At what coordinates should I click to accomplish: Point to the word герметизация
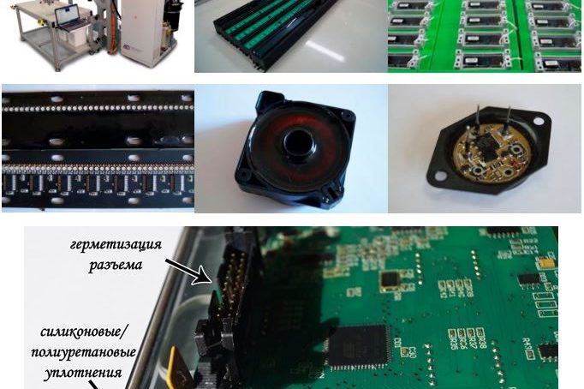(116, 246)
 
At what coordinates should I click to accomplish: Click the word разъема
(116, 265)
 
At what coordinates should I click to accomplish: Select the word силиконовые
(83, 332)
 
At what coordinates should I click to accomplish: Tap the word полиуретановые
(83, 352)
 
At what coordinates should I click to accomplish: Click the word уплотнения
(83, 373)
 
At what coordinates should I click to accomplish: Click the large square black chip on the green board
(357, 347)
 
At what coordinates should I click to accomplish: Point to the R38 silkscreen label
(481, 339)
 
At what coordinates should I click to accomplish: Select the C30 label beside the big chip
(412, 351)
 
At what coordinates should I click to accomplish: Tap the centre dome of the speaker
(295, 143)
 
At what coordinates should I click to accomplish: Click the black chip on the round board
(486, 143)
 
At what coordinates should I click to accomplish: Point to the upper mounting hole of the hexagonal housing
(538, 120)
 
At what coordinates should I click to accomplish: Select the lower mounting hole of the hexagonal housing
(440, 175)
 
